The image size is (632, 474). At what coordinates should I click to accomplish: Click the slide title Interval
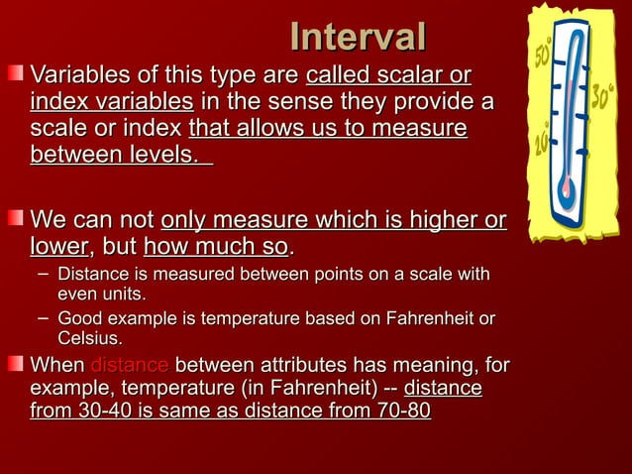click(x=358, y=37)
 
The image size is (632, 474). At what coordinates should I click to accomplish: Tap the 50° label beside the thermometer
click(x=544, y=55)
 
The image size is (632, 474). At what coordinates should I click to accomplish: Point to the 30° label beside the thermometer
click(x=602, y=97)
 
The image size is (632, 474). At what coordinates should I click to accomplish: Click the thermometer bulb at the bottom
click(x=567, y=197)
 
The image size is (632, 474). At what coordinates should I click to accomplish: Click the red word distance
click(x=129, y=365)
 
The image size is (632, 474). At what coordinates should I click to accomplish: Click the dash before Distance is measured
click(x=42, y=271)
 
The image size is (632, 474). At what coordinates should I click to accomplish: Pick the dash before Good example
click(x=42, y=317)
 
